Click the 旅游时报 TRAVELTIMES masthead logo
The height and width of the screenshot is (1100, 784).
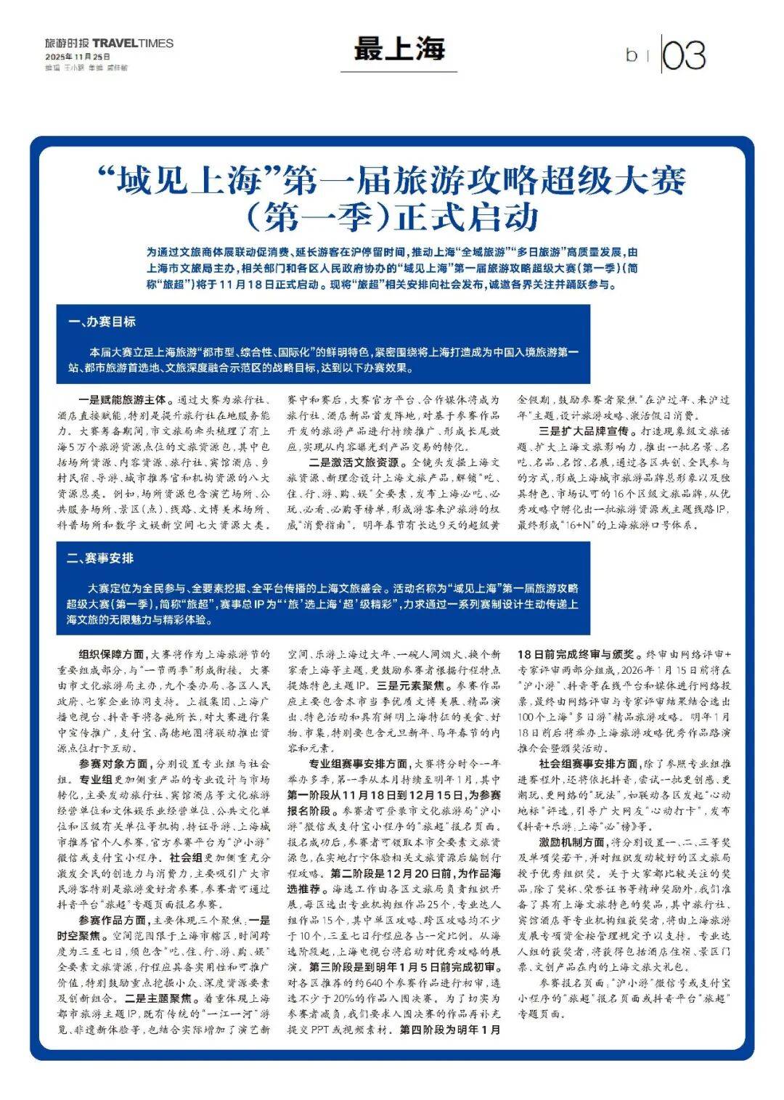(109, 43)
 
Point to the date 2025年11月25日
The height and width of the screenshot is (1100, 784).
(78, 56)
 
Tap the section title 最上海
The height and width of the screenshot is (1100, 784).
(399, 49)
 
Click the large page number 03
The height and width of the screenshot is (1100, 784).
(684, 55)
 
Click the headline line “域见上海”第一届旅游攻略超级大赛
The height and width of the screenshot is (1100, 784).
(391, 180)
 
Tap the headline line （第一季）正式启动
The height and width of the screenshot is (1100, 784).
(391, 216)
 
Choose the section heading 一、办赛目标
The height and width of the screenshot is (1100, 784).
(102, 322)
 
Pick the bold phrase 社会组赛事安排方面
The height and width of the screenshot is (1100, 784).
(588, 764)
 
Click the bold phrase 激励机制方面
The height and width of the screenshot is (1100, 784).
(571, 842)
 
